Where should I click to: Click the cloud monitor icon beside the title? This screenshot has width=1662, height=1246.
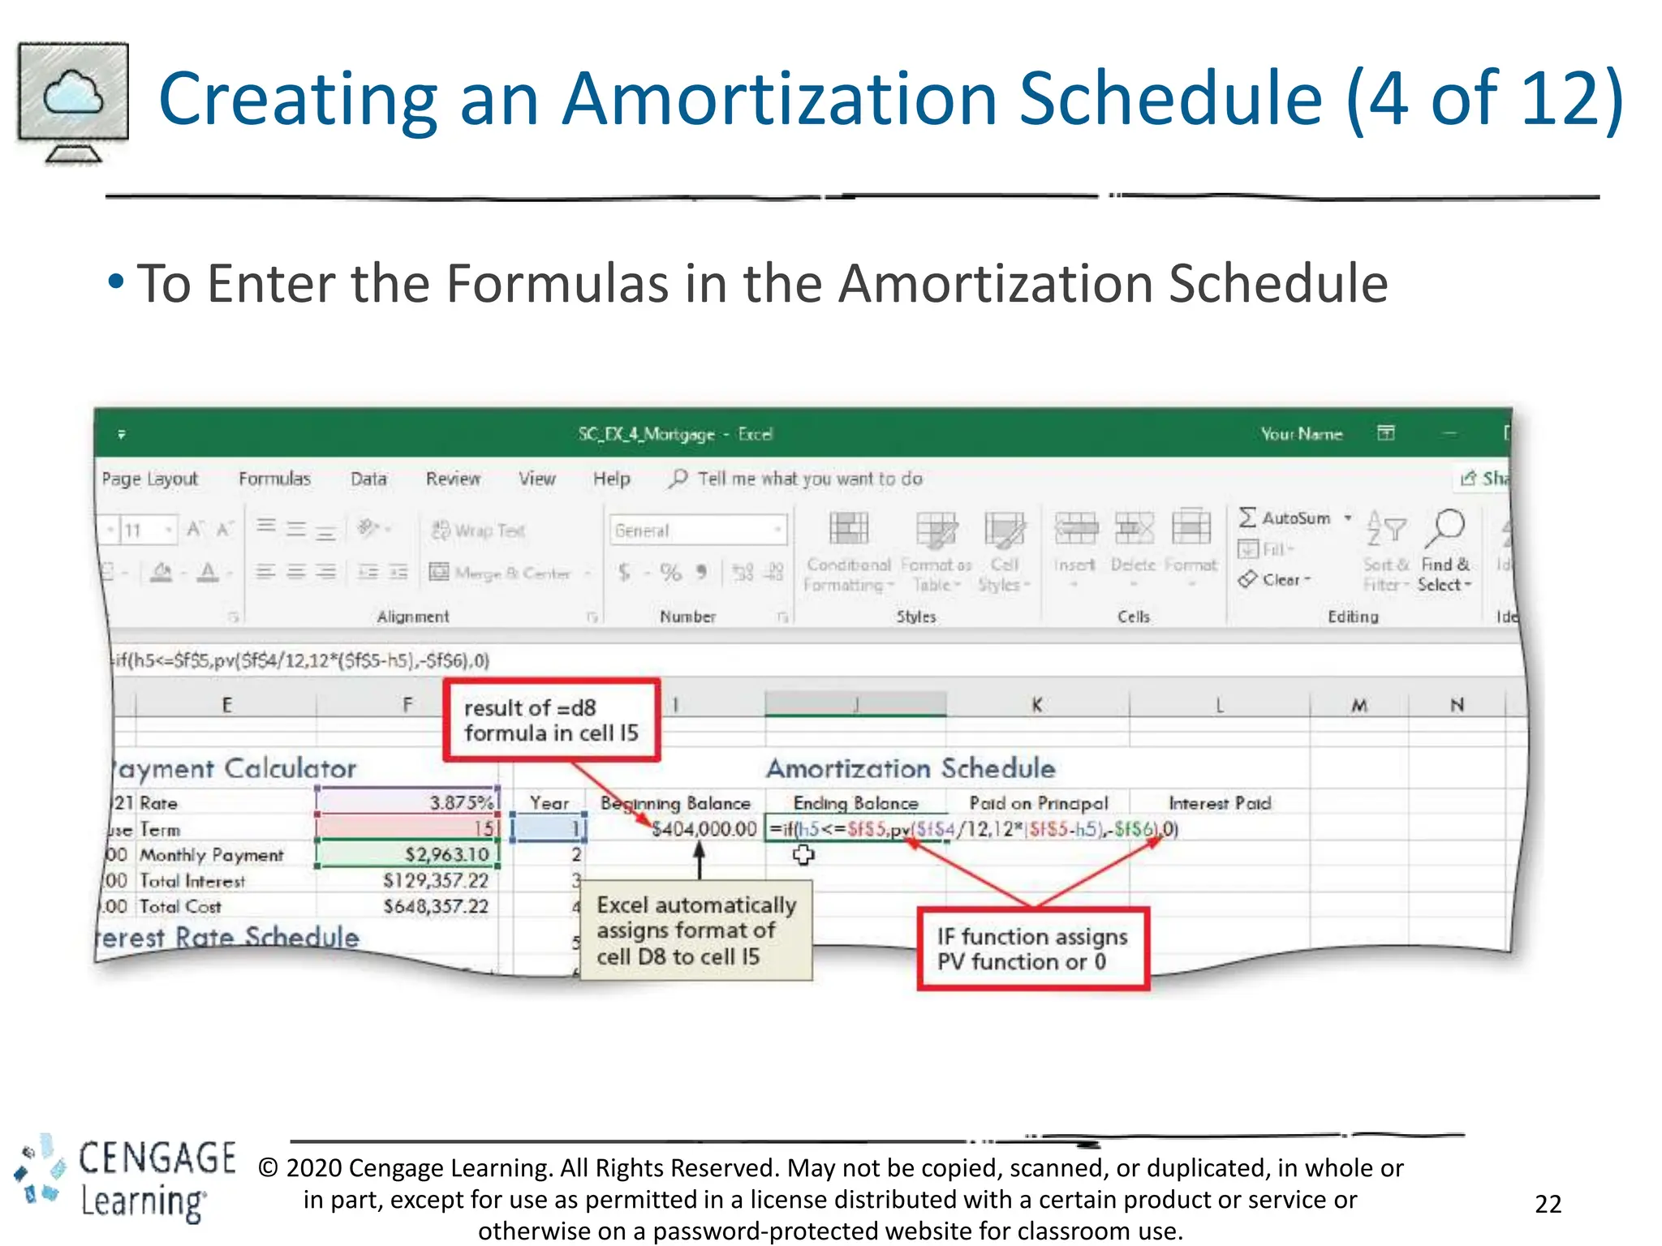tap(73, 101)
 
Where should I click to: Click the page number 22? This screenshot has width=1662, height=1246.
tap(1548, 1203)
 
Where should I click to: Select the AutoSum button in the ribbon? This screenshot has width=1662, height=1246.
tap(1285, 518)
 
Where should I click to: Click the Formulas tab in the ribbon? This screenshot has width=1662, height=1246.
tap(274, 479)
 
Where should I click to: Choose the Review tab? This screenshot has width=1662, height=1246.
tap(453, 479)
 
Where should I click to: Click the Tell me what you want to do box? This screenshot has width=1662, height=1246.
tap(809, 479)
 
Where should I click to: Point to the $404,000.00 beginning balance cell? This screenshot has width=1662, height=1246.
tap(704, 829)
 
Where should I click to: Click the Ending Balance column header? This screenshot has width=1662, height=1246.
tap(855, 802)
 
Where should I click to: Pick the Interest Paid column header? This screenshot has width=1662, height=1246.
tap(1219, 802)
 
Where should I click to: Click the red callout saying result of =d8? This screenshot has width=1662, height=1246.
tap(551, 720)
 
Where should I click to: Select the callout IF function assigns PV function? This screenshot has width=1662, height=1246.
tap(1032, 948)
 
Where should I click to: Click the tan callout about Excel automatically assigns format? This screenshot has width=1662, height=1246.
tap(696, 930)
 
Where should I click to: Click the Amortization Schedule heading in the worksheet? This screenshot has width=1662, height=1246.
tap(911, 767)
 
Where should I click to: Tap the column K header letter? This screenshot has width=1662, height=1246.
tap(1036, 705)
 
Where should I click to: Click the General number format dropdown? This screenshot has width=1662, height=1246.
tap(697, 531)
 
